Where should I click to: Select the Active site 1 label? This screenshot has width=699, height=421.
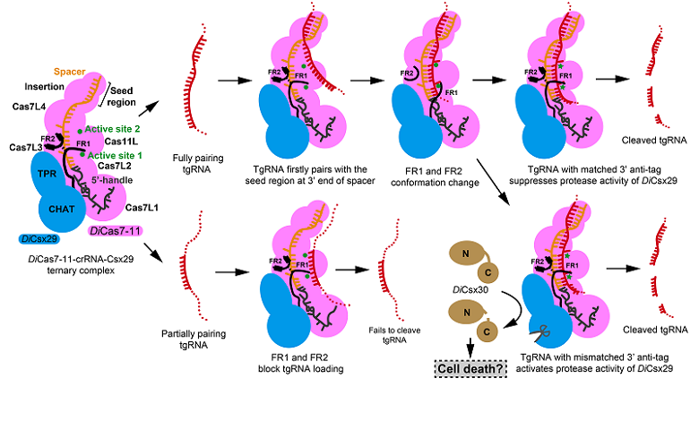pos(116,154)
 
